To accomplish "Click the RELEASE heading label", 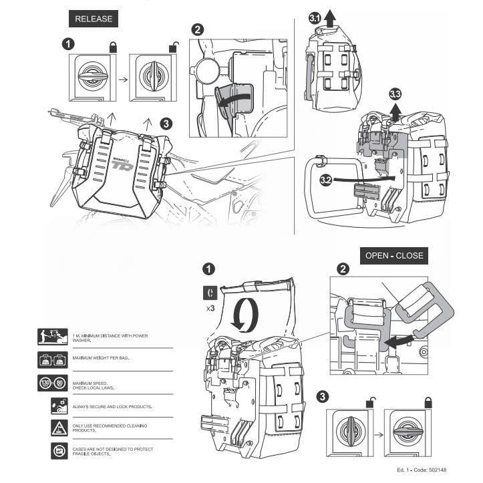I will (94, 19).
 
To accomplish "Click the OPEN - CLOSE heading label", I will (393, 255).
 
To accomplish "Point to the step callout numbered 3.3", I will (395, 93).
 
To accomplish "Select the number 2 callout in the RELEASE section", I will (198, 30).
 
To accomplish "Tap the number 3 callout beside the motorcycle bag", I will (166, 123).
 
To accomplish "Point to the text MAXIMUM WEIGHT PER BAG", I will (101, 359).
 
